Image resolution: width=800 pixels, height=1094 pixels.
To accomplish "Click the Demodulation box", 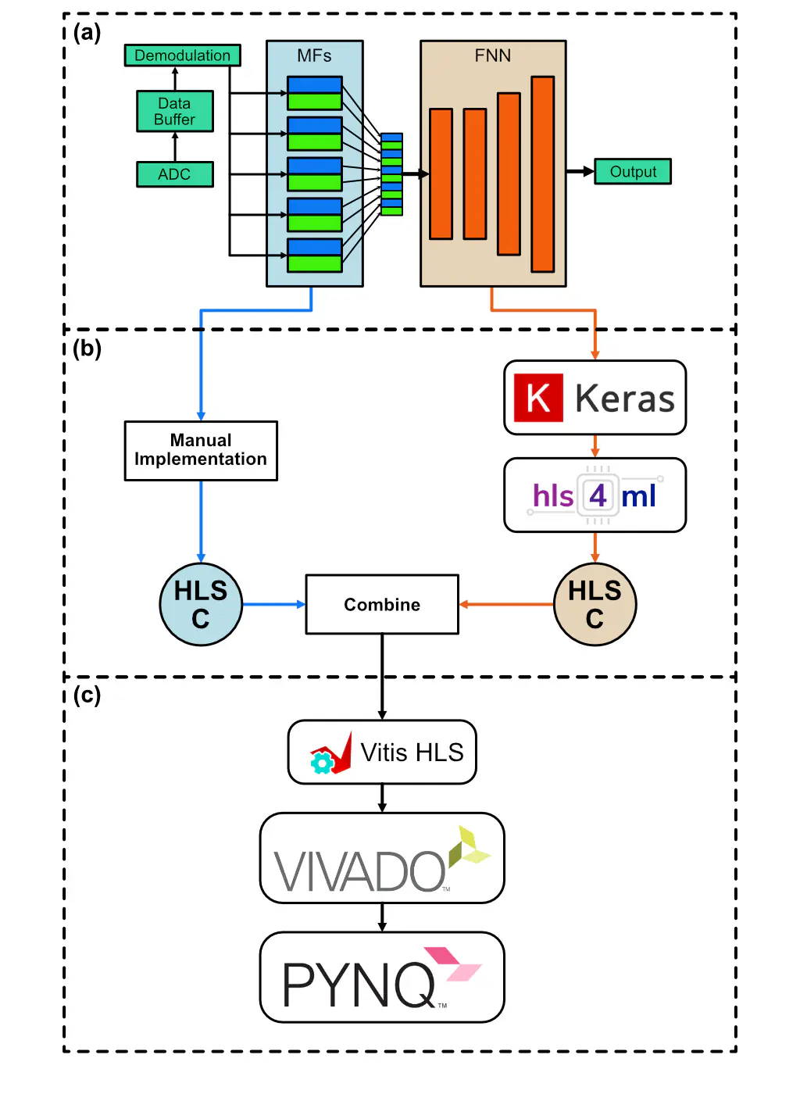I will (182, 55).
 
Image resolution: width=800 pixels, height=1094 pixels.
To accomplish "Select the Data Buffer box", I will (174, 111).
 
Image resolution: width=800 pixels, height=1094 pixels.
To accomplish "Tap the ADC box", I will (174, 174).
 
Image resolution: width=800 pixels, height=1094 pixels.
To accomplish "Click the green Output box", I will (633, 172).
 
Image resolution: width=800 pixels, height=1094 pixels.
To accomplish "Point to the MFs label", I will (314, 56).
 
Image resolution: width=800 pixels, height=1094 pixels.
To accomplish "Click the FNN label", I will (493, 56).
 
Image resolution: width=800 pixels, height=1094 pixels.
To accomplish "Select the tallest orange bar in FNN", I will (542, 173).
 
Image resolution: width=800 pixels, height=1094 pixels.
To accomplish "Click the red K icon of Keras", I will (538, 398).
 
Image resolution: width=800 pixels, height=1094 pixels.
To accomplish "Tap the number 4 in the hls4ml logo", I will (598, 495).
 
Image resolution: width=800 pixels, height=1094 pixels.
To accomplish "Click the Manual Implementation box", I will (201, 451).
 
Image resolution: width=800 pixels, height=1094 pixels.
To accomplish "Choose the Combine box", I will (382, 605).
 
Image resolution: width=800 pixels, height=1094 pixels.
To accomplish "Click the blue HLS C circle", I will (201, 605).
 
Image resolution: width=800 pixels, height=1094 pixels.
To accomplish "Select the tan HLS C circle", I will (595, 605).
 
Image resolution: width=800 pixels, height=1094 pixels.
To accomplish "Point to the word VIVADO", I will (359, 871).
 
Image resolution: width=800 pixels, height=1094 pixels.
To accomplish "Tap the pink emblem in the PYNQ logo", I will (453, 964).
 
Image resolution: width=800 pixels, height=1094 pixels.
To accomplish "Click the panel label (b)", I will (87, 349).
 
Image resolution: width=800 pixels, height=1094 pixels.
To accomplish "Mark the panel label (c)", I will (87, 695).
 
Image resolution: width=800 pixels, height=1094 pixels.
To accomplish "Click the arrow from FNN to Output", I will (580, 172).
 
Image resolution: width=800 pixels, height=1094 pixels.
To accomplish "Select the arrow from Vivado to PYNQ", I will (382, 917).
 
